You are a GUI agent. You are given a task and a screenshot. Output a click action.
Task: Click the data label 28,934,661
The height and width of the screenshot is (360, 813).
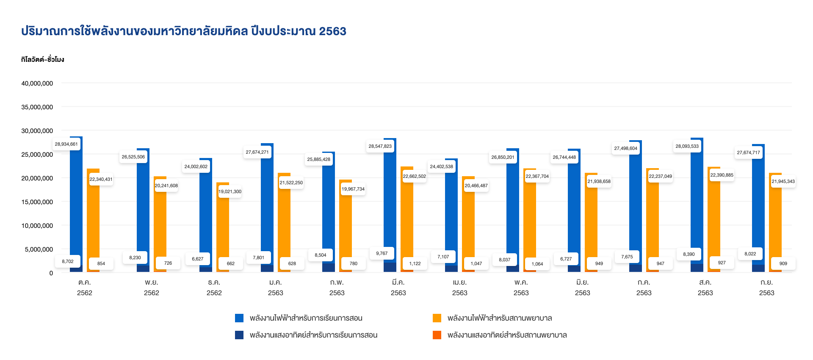pyautogui.click(x=66, y=144)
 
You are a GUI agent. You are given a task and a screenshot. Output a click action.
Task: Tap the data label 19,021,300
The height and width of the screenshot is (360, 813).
pyautogui.click(x=230, y=191)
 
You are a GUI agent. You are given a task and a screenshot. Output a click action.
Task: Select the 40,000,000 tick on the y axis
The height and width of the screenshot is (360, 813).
pyautogui.click(x=37, y=83)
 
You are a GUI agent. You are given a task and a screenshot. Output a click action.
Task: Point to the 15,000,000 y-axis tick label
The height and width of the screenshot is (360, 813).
pyautogui.click(x=37, y=202)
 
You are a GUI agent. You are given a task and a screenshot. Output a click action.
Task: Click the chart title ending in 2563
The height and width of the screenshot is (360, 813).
pyautogui.click(x=184, y=31)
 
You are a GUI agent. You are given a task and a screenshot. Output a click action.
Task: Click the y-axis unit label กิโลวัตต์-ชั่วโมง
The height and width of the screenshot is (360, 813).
pyautogui.click(x=42, y=59)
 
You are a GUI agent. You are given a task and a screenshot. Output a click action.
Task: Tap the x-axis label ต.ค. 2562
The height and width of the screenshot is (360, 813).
pyautogui.click(x=85, y=287)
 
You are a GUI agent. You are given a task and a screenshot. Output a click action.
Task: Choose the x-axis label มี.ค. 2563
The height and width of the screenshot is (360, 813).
pyautogui.click(x=398, y=287)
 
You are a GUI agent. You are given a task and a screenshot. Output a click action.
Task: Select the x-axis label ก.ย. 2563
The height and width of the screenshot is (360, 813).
pyautogui.click(x=766, y=287)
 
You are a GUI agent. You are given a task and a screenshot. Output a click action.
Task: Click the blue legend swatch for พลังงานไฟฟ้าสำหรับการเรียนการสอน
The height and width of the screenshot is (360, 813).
pyautogui.click(x=239, y=318)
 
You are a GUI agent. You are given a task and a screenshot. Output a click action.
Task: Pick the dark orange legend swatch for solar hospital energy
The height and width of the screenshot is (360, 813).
pyautogui.click(x=437, y=335)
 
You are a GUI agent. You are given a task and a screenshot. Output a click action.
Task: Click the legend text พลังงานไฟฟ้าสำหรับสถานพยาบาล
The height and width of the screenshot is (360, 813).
pyautogui.click(x=500, y=318)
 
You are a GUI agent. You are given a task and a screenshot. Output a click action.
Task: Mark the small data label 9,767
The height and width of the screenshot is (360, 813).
pyautogui.click(x=382, y=253)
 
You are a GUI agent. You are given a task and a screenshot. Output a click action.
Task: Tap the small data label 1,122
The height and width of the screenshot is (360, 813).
pyautogui.click(x=415, y=263)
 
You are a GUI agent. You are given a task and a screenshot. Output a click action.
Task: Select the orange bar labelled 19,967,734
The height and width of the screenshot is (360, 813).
pyautogui.click(x=346, y=229)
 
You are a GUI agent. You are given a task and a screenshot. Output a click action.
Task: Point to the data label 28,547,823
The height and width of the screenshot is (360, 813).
pyautogui.click(x=380, y=146)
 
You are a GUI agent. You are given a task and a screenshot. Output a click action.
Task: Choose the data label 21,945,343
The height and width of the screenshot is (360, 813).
pyautogui.click(x=783, y=181)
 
